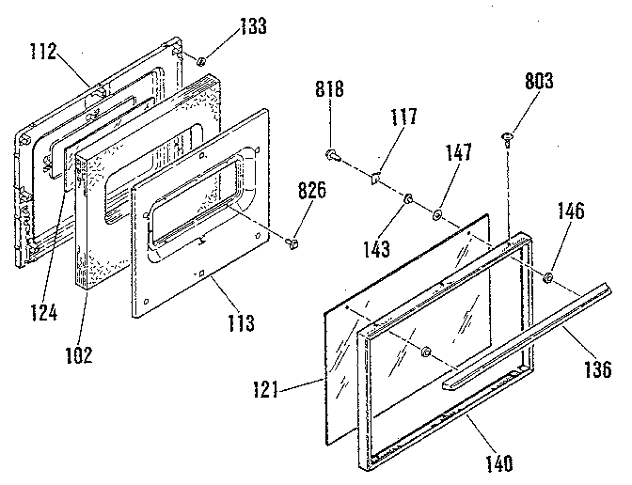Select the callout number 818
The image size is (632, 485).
pyautogui.click(x=331, y=90)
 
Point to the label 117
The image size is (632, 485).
pyautogui.click(x=404, y=119)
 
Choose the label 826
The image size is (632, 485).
pyautogui.click(x=313, y=190)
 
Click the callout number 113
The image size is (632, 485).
pyautogui.click(x=240, y=324)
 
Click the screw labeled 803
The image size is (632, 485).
pyautogui.click(x=509, y=140)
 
